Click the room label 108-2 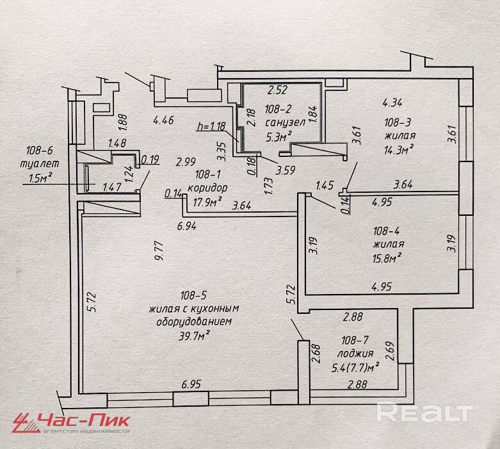pyautogui.click(x=279, y=109)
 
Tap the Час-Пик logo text pyautogui.click(x=84, y=420)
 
